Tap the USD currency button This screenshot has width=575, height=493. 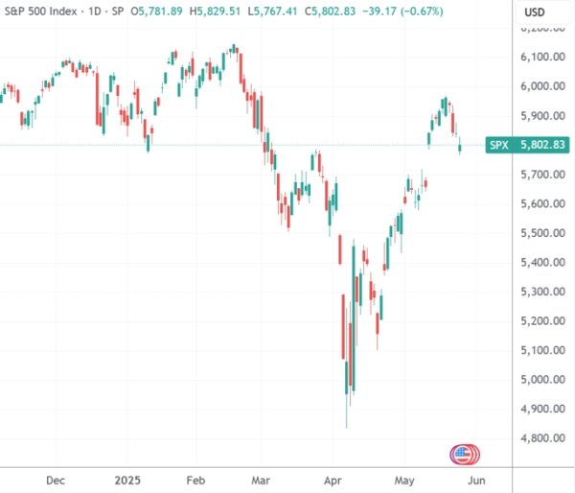[x=536, y=12]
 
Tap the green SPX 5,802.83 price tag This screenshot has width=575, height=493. [x=528, y=145]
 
